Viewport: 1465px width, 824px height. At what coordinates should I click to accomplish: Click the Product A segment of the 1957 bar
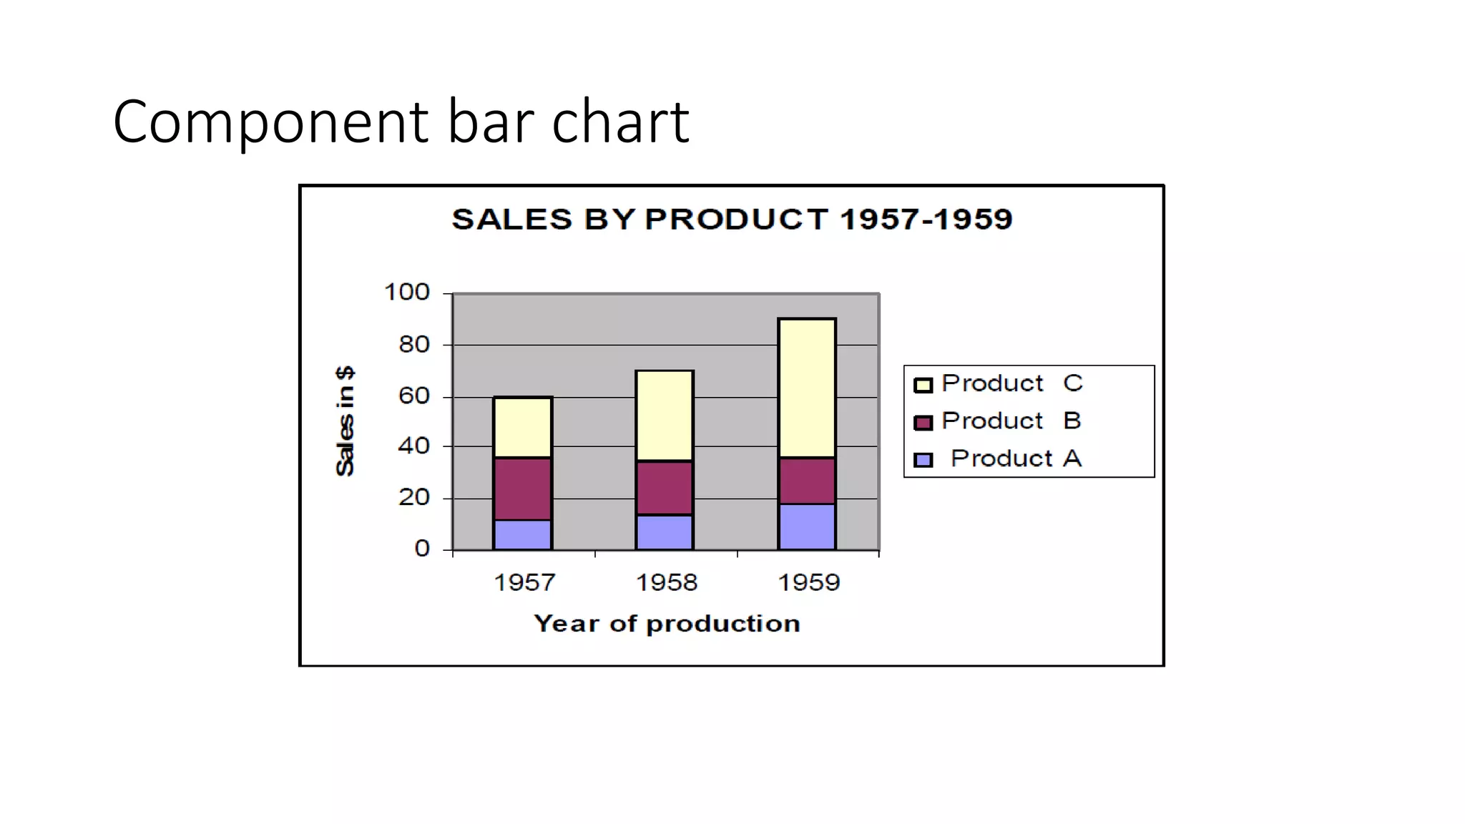(522, 535)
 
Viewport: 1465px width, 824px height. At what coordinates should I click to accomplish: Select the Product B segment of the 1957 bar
(522, 489)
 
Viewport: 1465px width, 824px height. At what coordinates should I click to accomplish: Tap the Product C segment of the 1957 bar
(522, 427)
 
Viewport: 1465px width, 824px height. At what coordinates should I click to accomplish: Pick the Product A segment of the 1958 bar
(665, 532)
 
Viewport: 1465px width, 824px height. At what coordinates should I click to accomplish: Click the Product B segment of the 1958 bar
(665, 488)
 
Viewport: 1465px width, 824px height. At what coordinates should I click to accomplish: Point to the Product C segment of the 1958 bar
(665, 416)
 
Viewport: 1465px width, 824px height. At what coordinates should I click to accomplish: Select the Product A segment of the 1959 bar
(807, 527)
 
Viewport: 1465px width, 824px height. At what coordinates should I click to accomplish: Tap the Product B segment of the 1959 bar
(807, 481)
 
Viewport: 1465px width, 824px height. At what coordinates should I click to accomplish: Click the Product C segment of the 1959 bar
(807, 388)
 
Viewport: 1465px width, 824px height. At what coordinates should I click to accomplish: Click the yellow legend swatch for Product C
(923, 386)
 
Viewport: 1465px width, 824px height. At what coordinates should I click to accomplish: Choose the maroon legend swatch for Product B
(923, 423)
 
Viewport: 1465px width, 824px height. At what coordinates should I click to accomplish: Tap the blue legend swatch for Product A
(923, 460)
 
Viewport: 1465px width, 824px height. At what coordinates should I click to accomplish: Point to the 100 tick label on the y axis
(406, 292)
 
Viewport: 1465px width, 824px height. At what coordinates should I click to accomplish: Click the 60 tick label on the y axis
(413, 396)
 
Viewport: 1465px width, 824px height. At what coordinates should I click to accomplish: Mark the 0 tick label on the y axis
(422, 549)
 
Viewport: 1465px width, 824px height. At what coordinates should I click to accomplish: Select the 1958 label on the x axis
(666, 582)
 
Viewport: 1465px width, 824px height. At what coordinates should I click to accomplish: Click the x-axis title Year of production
(667, 624)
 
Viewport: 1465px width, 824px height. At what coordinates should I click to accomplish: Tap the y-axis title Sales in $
(345, 421)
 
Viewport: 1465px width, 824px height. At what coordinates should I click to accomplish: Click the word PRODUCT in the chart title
(736, 219)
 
